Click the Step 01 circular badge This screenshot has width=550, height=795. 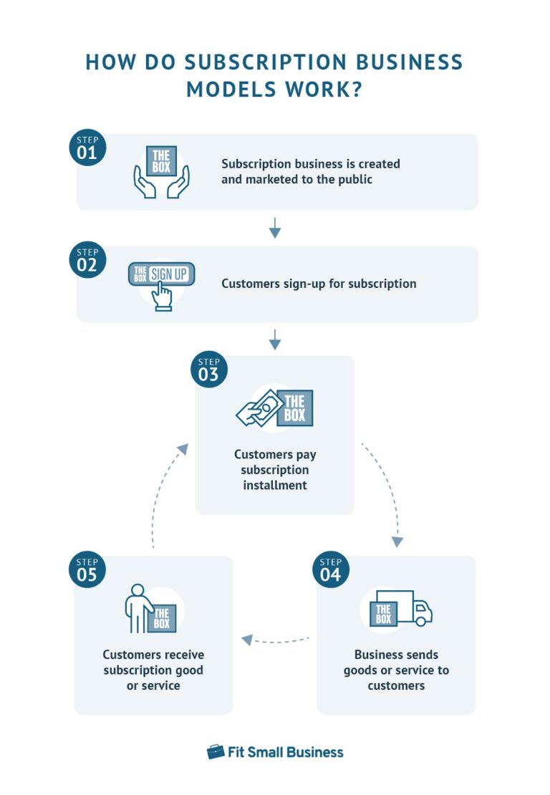pos(87,148)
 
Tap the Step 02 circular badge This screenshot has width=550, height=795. pos(87,259)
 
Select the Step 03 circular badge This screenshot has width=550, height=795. pos(208,369)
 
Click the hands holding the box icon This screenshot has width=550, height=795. pos(160,171)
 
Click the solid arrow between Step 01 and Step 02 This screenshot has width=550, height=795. pos(275,228)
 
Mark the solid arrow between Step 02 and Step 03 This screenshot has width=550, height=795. pos(275,339)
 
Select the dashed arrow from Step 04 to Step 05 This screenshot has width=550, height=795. pos(276,640)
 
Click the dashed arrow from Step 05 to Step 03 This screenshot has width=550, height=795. pos(163,494)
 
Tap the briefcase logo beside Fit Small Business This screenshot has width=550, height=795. pos(216,751)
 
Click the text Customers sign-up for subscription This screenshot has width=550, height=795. pos(319,284)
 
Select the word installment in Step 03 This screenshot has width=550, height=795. pos(275,485)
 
